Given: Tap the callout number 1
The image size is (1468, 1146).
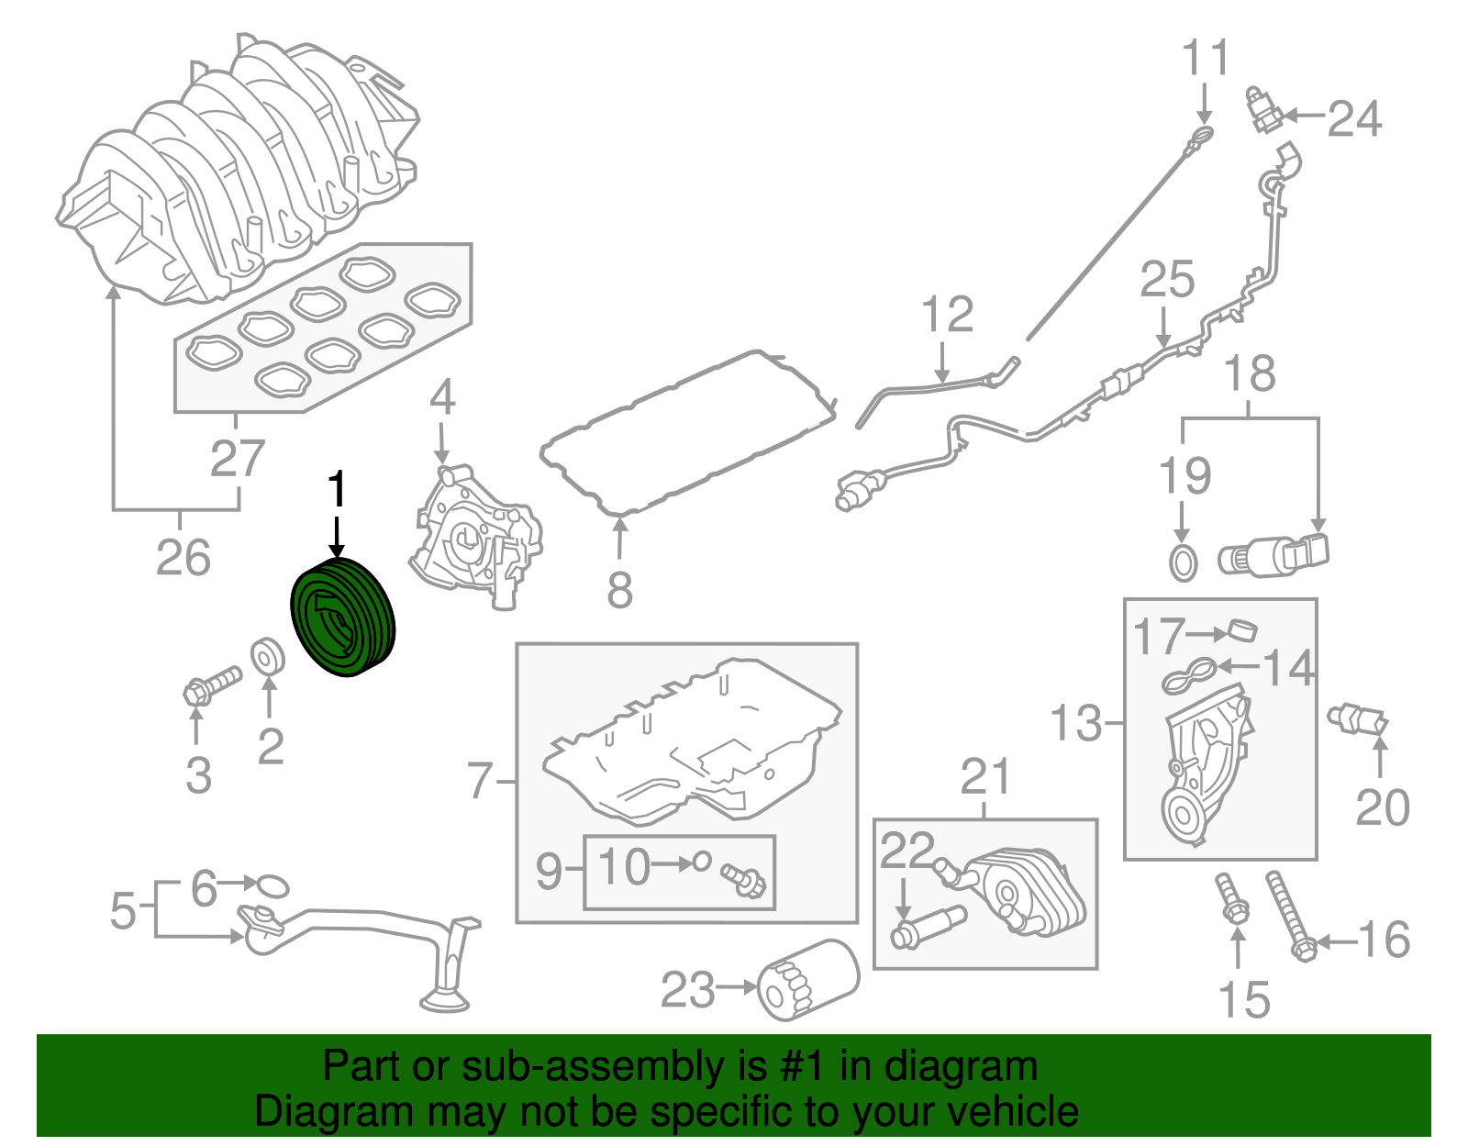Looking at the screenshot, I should (338, 490).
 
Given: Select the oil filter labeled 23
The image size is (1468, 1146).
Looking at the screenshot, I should (807, 980).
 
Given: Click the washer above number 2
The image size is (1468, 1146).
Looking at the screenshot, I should (268, 656).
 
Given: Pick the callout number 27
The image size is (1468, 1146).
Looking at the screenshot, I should (238, 458).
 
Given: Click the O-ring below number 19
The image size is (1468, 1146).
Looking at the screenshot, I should (1184, 562).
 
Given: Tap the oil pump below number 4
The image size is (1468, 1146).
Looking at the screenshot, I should (474, 542).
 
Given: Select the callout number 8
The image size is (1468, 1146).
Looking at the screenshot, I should (620, 589).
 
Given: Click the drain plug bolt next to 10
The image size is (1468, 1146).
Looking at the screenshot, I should (744, 880).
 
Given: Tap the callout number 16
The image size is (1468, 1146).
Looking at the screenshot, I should (1383, 940).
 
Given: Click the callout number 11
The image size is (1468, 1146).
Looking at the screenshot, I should (1205, 58).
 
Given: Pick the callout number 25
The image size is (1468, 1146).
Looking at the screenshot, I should (1167, 279).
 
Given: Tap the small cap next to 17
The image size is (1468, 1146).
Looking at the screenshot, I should (1240, 631).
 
